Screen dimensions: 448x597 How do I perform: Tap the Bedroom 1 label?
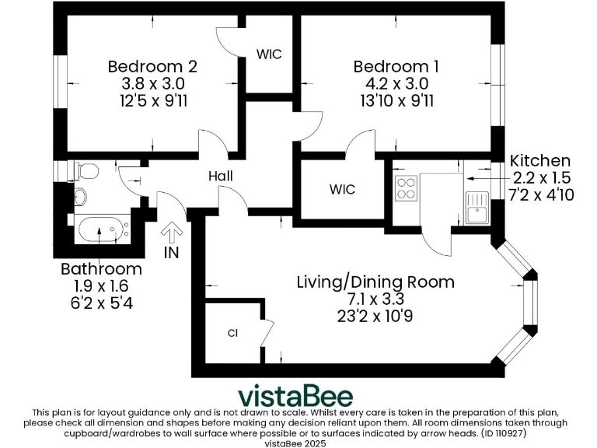click(x=390, y=67)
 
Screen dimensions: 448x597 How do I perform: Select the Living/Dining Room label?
click(x=375, y=282)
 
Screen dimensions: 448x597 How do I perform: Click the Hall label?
click(x=221, y=177)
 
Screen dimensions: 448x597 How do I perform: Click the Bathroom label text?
click(x=102, y=269)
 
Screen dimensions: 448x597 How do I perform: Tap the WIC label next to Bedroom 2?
click(x=269, y=54)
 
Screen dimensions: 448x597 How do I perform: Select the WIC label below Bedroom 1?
click(x=342, y=190)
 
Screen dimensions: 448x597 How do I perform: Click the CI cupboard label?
click(x=232, y=334)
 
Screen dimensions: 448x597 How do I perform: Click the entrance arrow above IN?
click(x=172, y=232)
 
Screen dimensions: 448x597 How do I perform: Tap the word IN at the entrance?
click(x=172, y=253)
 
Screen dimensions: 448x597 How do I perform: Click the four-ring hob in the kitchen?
click(x=407, y=187)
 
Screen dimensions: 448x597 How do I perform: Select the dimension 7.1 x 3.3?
click(x=375, y=299)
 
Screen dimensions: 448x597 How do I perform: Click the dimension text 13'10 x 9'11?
click(x=390, y=100)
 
